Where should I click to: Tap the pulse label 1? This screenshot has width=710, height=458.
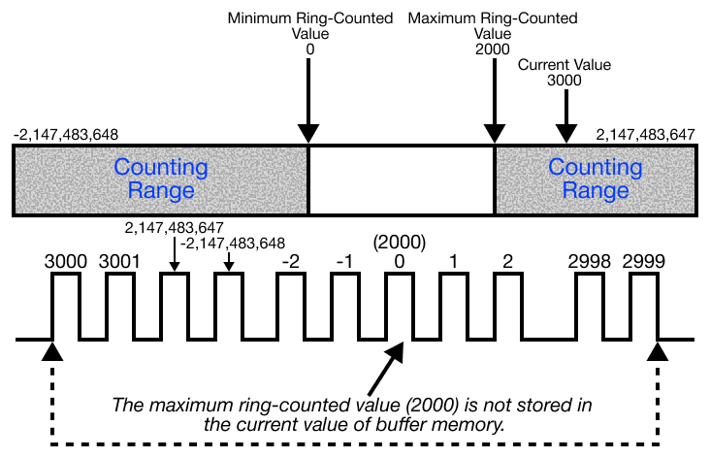click(453, 261)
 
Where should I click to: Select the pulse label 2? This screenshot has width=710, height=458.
click(507, 261)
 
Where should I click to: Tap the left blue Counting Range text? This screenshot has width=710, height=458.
click(161, 180)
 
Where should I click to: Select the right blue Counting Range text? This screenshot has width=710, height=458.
click(596, 180)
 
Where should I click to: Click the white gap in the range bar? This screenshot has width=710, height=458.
click(402, 180)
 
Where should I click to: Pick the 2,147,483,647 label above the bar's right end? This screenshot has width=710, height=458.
click(646, 135)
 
